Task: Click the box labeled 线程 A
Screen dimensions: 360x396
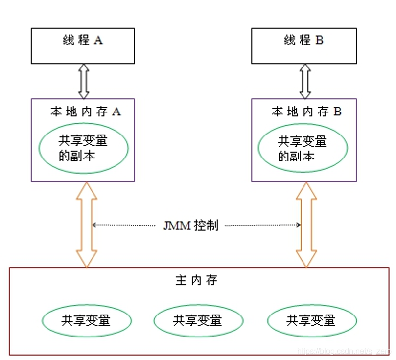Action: click(x=83, y=45)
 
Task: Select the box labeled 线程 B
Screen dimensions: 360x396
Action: click(x=303, y=45)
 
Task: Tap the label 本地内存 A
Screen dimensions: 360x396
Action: click(x=86, y=112)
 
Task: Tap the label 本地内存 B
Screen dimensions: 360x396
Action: click(x=306, y=112)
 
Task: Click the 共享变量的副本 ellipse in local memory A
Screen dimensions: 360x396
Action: click(x=83, y=148)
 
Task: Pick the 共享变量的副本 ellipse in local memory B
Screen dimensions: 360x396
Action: click(x=303, y=148)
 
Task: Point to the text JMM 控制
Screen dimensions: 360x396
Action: click(x=190, y=225)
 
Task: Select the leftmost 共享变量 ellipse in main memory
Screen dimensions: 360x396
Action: click(x=87, y=320)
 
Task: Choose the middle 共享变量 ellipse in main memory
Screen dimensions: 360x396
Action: click(x=198, y=320)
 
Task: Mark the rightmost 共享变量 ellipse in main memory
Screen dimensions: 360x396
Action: click(x=312, y=320)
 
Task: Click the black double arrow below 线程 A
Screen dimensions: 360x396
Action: click(x=83, y=81)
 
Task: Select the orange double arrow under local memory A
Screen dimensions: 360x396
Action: click(x=87, y=225)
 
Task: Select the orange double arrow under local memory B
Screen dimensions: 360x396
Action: click(x=306, y=225)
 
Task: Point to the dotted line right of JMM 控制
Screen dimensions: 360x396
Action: click(x=262, y=225)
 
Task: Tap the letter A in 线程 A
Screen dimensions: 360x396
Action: click(x=98, y=41)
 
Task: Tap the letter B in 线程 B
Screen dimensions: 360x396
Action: click(x=319, y=41)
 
